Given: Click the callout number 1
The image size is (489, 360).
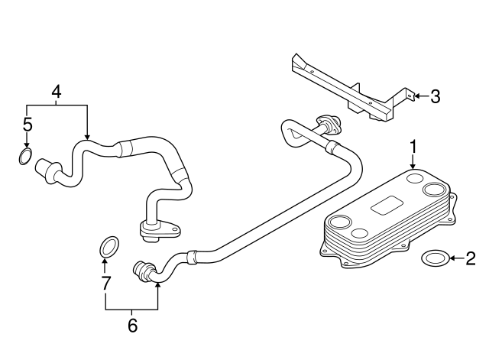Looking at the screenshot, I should click(x=413, y=146).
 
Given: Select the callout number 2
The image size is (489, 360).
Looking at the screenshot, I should click(x=470, y=258).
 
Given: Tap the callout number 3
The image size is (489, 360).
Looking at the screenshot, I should click(x=435, y=96).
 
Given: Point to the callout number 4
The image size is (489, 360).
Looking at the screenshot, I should click(x=56, y=92).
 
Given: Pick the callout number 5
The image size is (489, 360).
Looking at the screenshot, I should click(x=27, y=124).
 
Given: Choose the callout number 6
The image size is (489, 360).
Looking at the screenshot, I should click(x=132, y=325).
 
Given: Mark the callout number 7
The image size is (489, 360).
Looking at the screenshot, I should click(x=107, y=284).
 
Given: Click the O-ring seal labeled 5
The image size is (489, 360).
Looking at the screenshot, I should click(x=25, y=158).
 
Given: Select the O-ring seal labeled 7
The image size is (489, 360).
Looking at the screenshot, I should click(x=108, y=247).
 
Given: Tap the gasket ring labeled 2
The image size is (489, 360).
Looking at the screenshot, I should click(x=435, y=258).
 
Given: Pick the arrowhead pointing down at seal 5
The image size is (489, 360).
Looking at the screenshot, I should click(x=27, y=146).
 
